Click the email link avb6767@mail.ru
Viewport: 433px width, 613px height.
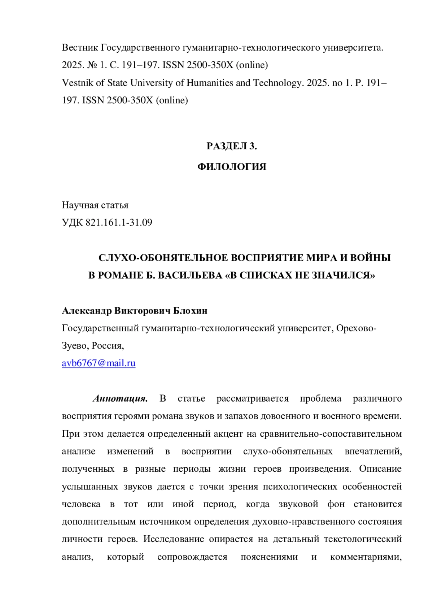point(99,363)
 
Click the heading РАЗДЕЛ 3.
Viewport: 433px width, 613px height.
point(232,146)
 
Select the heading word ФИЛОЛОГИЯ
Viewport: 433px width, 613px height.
point(232,167)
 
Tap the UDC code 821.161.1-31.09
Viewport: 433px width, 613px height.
point(119,223)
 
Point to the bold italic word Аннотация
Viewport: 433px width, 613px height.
point(120,398)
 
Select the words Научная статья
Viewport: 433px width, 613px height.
point(95,205)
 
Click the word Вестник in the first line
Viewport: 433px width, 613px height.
point(80,47)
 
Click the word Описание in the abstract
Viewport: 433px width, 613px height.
point(380,469)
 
